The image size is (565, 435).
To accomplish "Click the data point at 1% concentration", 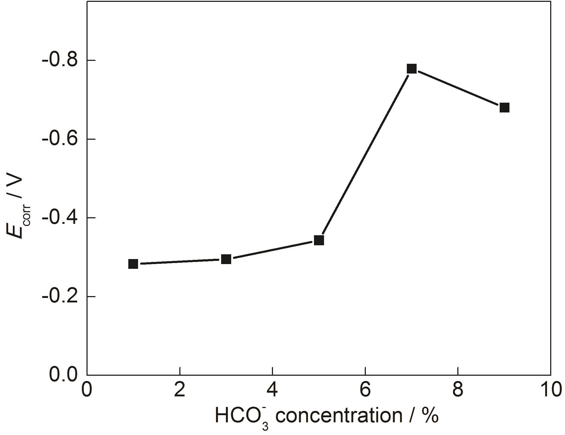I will (x=133, y=264).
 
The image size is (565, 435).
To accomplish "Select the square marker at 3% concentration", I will (x=226, y=259).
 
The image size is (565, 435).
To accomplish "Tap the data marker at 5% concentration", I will (x=319, y=240).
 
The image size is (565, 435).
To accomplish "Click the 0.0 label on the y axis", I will (x=63, y=375).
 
